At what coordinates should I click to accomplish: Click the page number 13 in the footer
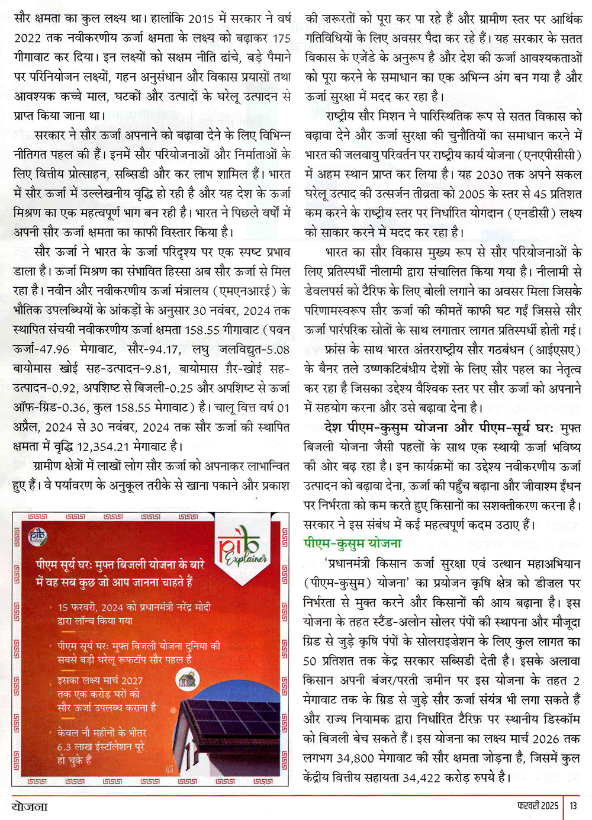[x=573, y=806]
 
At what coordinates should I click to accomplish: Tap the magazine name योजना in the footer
[x=30, y=806]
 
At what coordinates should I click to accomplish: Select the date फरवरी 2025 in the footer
[x=538, y=806]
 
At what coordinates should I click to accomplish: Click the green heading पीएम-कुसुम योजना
[x=352, y=544]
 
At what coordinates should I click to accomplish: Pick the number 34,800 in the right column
[x=355, y=758]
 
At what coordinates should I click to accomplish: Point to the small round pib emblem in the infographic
[x=37, y=536]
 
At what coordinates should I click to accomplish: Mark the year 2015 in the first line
[x=201, y=19]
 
